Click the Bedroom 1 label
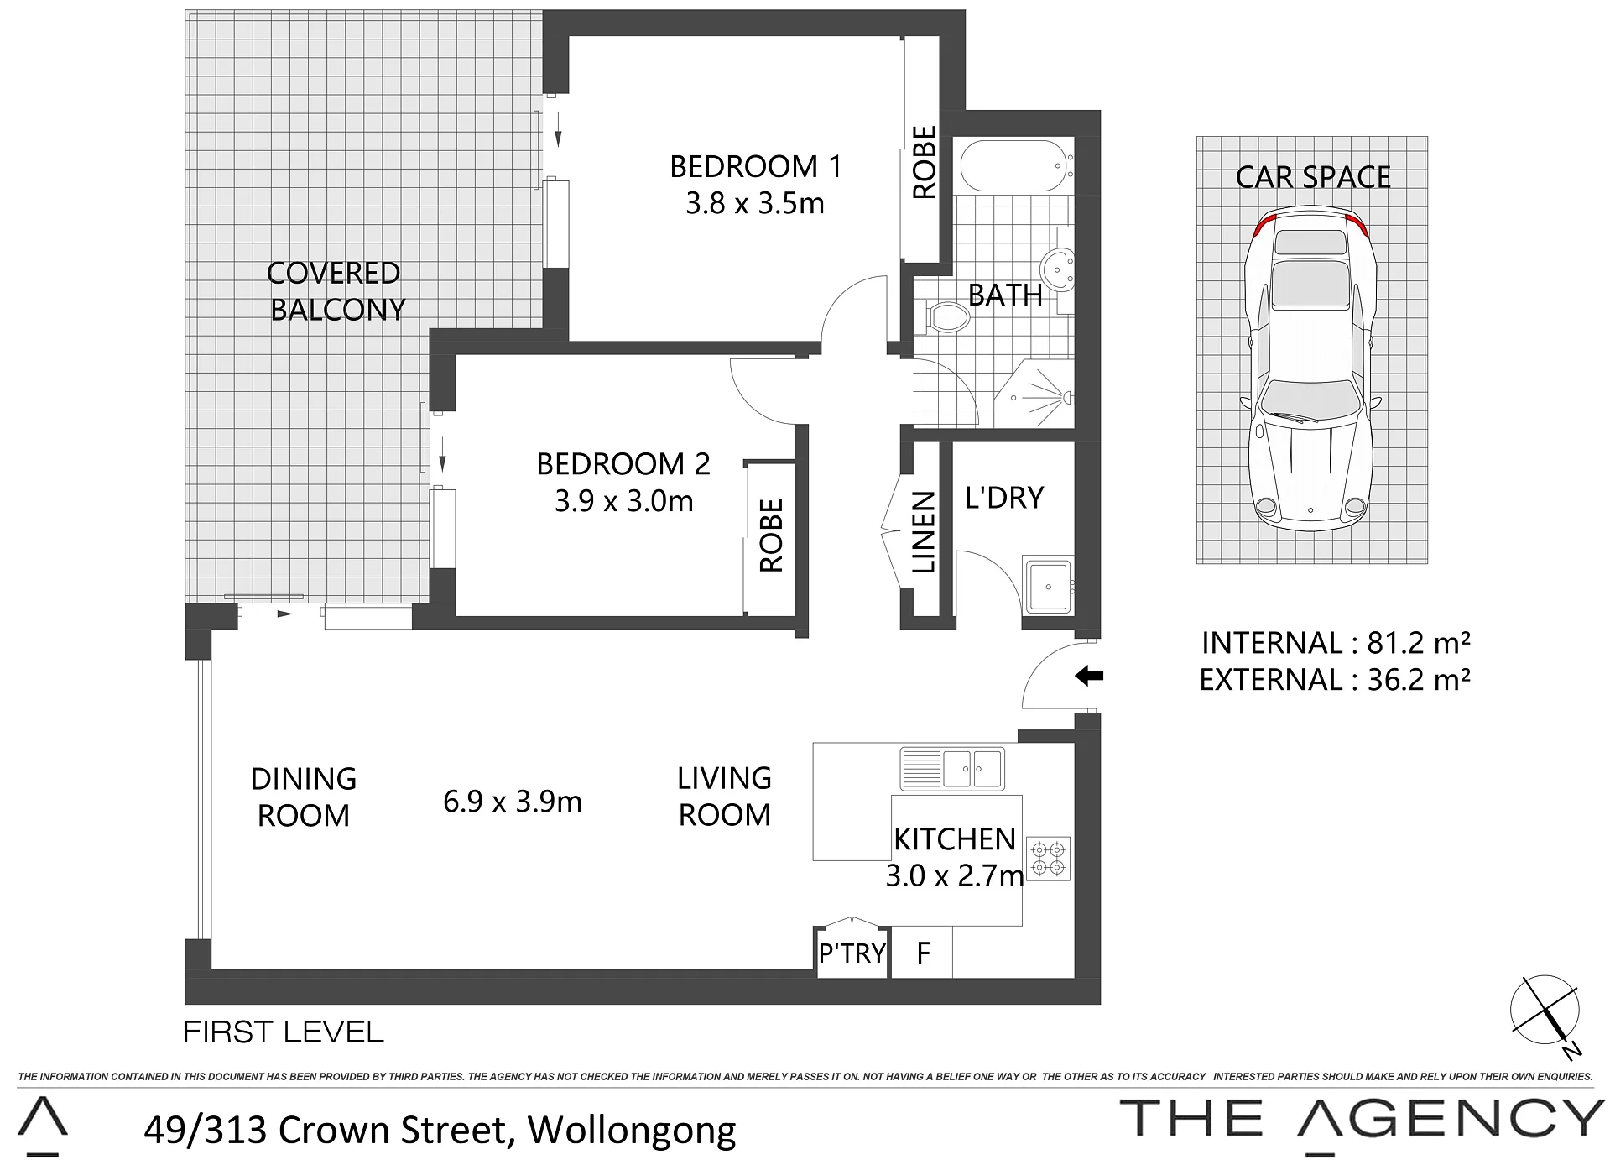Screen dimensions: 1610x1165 tap(755, 167)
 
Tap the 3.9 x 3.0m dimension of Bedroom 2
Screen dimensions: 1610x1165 tap(624, 502)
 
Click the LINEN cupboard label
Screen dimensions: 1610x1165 tap(923, 533)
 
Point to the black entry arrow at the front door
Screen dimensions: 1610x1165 tap(1089, 675)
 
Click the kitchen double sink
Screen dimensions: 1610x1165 tap(952, 769)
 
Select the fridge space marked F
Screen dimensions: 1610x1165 tap(922, 953)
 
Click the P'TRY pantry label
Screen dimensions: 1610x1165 tap(852, 953)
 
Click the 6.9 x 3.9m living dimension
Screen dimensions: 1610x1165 tap(513, 802)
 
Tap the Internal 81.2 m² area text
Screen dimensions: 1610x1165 tap(1336, 643)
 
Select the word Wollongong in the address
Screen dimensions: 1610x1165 tap(632, 1131)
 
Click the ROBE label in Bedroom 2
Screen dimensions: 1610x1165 tap(771, 535)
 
